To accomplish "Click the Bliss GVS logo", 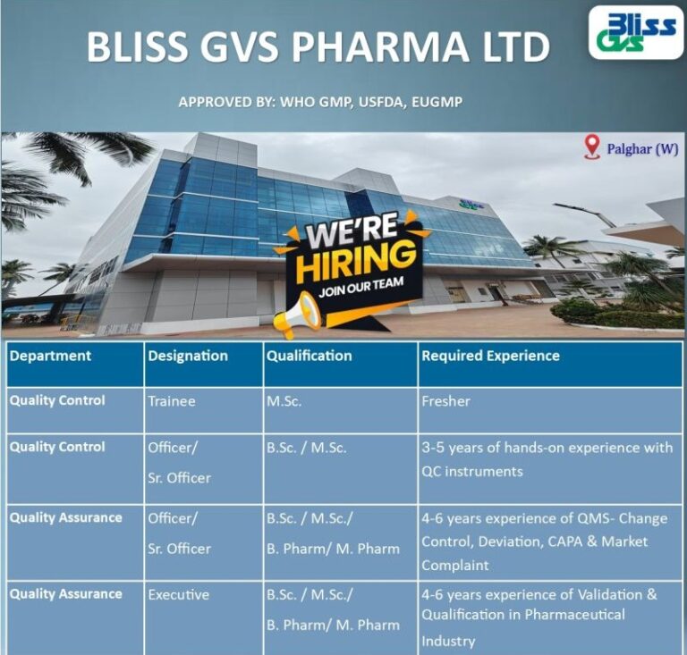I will pos(636,32).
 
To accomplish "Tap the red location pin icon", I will pos(591,147).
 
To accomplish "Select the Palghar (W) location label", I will pos(642,149).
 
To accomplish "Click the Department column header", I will pos(50,356).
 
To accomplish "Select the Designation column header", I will pos(188,356).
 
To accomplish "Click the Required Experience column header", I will pos(490,356).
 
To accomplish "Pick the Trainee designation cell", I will pos(171,401).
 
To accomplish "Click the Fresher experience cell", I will pos(445,401).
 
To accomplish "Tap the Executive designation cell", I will pos(179,594).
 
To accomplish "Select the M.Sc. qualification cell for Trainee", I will pos(284,401).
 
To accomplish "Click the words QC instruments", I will pos(472,471).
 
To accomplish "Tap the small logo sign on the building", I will pos(471,205).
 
